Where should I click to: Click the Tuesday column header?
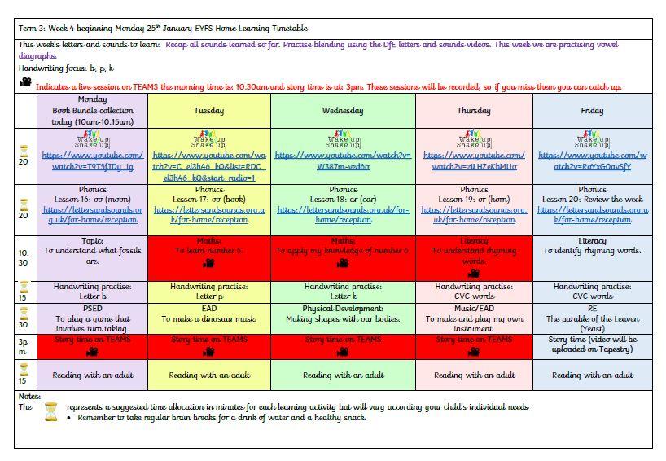[209, 111]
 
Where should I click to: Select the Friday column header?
[592, 111]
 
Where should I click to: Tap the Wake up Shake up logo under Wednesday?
[343, 139]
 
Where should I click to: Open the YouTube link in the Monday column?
[92, 160]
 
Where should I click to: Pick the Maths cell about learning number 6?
[209, 257]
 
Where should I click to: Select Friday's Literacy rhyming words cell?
[592, 257]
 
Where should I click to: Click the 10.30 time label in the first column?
[24, 257]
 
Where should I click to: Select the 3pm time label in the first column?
[24, 345]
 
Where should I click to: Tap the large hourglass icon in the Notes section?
[50, 411]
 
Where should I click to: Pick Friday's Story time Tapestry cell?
[592, 345]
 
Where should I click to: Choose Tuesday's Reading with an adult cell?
[209, 375]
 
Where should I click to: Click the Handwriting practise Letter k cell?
[343, 292]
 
